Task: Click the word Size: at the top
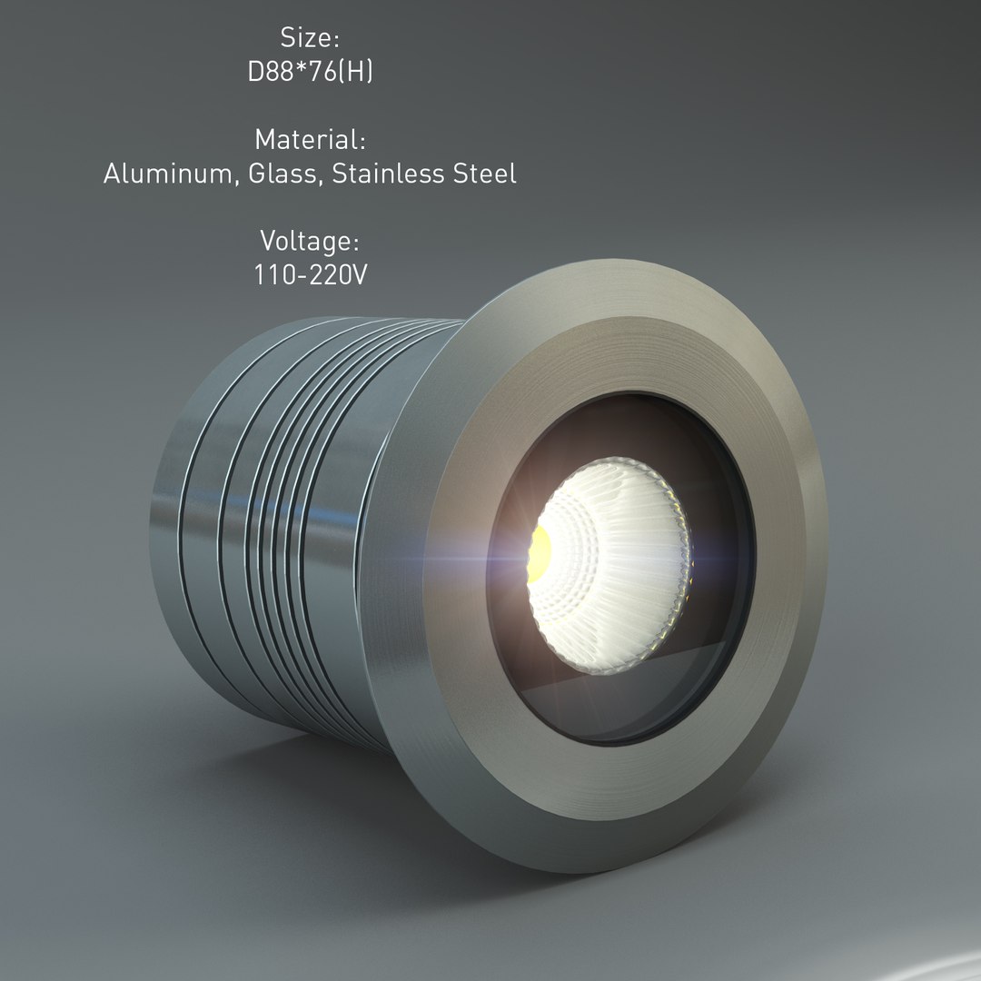[x=310, y=38]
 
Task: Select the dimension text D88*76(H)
[x=310, y=73]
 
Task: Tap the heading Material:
[x=310, y=140]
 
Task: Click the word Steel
[x=485, y=173]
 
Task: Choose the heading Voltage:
[x=310, y=242]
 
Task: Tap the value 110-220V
[x=310, y=274]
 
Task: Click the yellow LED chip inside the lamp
[x=540, y=555]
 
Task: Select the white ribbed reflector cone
[x=618, y=563]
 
